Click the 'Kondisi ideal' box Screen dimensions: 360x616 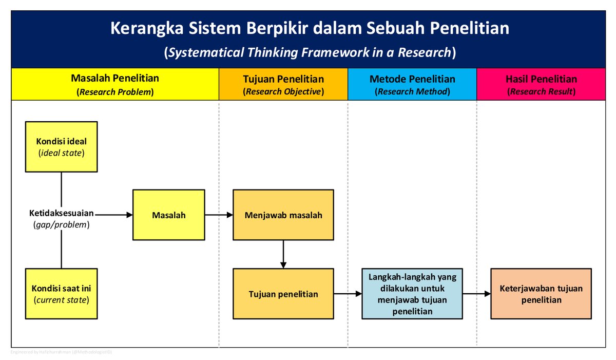click(61, 146)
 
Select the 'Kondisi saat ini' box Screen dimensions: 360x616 click(61, 294)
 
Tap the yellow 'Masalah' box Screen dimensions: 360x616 click(169, 215)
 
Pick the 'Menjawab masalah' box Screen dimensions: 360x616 click(283, 215)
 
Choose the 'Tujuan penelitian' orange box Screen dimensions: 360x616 click(283, 294)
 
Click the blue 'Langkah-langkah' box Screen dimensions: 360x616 click(412, 294)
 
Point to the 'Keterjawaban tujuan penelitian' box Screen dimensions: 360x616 click(541, 294)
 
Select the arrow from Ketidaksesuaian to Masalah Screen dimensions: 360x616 click(114, 214)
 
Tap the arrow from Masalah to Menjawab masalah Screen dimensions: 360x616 click(219, 215)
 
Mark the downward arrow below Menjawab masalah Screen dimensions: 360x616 click(283, 254)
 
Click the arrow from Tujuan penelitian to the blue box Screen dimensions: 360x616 click(348, 294)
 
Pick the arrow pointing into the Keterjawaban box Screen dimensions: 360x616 click(476, 294)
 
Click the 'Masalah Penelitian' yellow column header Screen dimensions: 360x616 click(115, 84)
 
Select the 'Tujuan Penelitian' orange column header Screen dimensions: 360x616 click(283, 84)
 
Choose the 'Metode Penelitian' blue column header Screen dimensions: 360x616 click(412, 84)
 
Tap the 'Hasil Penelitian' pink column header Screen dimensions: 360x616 click(541, 84)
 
